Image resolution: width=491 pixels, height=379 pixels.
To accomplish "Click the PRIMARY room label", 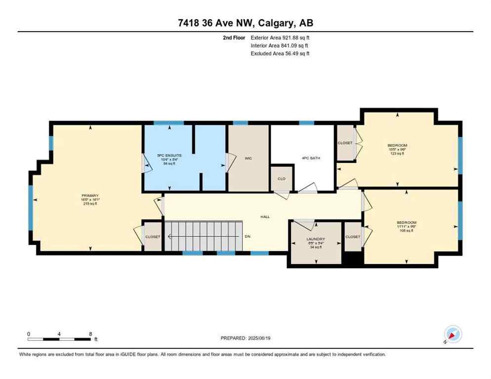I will pos(90,195).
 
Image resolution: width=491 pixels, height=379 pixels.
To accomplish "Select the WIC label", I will pos(248,158).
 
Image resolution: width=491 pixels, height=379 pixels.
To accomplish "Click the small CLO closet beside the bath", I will pos(281,179).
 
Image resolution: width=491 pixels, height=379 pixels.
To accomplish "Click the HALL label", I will pos(265,217).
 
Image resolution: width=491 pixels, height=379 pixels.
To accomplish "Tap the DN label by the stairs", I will pos(248,237).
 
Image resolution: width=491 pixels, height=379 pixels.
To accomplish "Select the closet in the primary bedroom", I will pos(153,237).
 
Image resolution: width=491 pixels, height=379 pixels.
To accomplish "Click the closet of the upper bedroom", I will pos(345,143).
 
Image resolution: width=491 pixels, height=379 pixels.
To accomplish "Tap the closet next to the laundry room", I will pos(353,237).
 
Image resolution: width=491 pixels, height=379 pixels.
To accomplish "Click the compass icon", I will pos(452,335).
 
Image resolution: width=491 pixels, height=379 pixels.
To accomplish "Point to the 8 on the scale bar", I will pos(90,334).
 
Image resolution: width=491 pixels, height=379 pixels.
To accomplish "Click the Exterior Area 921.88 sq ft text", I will pos(280,38).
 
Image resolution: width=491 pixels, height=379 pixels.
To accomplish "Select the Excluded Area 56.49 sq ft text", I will pos(280,53).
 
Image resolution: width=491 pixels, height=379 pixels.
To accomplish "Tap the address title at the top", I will pos(245,23).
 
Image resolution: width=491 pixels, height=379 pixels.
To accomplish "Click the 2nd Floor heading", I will pos(234,38).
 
